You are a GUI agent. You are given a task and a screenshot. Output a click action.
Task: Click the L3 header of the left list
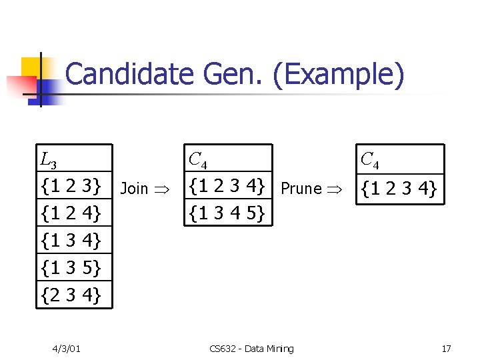click(x=49, y=161)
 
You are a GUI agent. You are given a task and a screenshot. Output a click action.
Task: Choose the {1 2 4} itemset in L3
click(x=71, y=213)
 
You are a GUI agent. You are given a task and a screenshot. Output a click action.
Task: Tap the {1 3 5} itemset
click(x=71, y=267)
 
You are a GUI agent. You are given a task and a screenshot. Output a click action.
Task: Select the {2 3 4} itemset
click(x=71, y=294)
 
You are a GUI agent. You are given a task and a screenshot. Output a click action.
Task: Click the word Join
click(x=134, y=189)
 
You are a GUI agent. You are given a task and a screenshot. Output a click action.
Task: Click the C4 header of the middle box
click(x=197, y=160)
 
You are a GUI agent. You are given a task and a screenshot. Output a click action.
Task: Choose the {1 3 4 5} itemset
click(x=228, y=213)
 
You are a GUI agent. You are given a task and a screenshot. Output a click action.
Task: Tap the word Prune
click(x=301, y=189)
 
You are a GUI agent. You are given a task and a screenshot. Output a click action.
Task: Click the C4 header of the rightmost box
click(x=369, y=161)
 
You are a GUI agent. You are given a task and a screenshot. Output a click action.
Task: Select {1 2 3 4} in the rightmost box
click(x=399, y=190)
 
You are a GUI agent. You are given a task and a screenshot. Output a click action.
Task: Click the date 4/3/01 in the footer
click(x=68, y=349)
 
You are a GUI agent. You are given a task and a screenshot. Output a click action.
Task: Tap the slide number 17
click(x=446, y=349)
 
